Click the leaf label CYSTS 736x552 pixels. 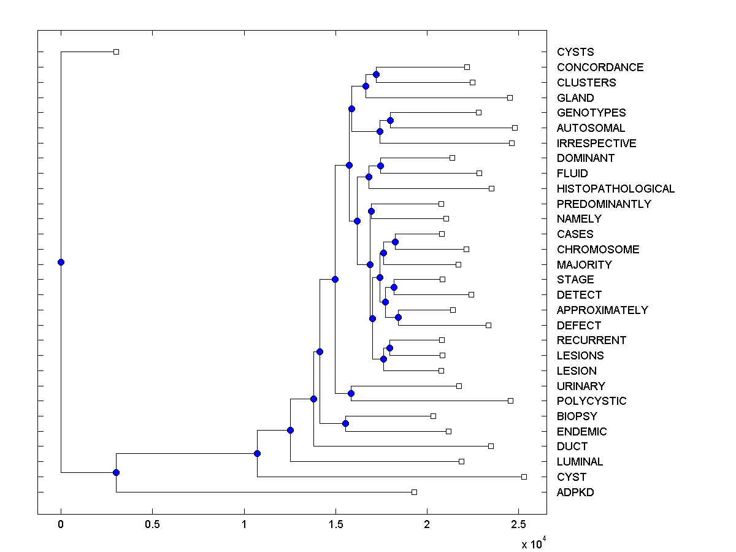(x=575, y=52)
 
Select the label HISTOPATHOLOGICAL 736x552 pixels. (x=615, y=189)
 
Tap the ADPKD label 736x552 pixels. (x=575, y=493)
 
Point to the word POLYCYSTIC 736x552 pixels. (x=591, y=401)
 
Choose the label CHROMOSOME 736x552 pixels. (x=598, y=250)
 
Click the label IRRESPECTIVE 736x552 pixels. (x=596, y=144)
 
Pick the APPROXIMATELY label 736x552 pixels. (x=602, y=310)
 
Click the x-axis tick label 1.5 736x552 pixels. (x=335, y=525)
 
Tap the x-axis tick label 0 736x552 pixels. (x=61, y=525)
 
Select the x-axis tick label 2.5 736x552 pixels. (x=518, y=525)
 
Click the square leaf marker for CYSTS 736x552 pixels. (x=116, y=52)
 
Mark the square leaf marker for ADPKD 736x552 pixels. (x=414, y=492)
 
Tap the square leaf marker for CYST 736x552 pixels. (x=524, y=477)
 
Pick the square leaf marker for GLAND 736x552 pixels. (x=510, y=98)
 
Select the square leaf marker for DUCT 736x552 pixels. (x=491, y=446)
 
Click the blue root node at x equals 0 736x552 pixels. (x=61, y=262)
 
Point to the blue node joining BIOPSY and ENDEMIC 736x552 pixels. (x=345, y=423)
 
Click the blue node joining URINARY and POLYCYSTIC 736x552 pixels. (x=351, y=393)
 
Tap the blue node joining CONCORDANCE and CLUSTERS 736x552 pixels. (x=376, y=75)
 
